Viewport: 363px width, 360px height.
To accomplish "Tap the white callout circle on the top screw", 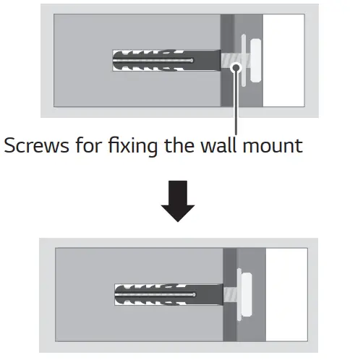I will (235, 67).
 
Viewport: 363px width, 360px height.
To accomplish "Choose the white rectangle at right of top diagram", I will (283, 62).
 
